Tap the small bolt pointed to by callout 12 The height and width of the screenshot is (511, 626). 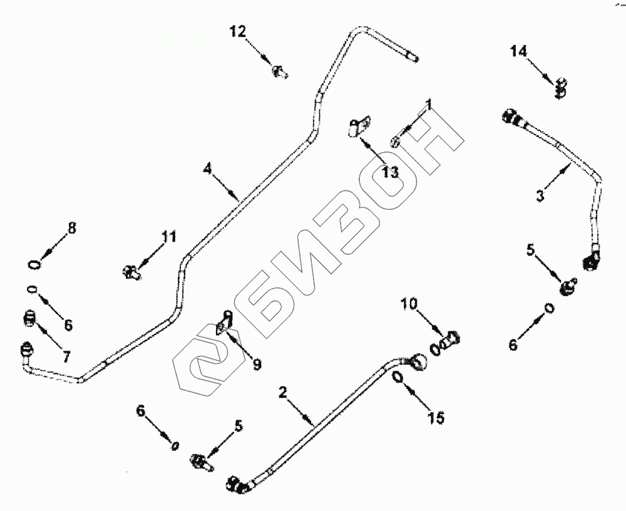(279, 73)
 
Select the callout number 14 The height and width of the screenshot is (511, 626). (518, 51)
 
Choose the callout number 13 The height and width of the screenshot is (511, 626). (390, 172)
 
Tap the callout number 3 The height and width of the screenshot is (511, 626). (540, 194)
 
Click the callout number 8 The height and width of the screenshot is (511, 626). (72, 229)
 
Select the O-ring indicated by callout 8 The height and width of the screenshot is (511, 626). (36, 264)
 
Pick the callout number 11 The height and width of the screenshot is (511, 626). (168, 237)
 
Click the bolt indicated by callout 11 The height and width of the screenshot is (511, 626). (130, 272)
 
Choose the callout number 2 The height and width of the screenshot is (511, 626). (283, 393)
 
